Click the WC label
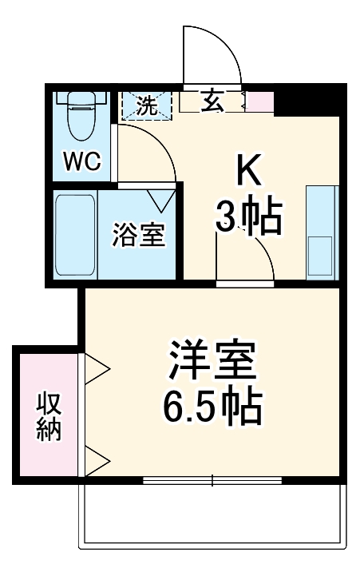click(82, 162)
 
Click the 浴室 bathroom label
click(140, 236)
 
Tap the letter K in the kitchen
click(247, 170)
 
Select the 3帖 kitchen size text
click(248, 216)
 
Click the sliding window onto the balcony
click(212, 481)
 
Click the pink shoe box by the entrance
click(263, 102)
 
